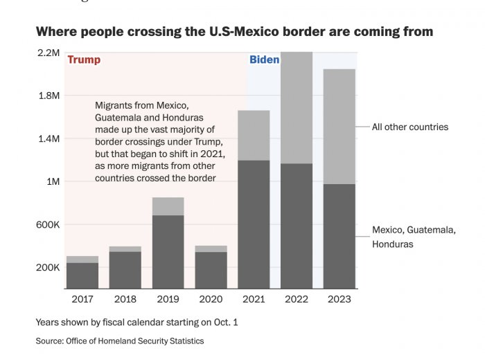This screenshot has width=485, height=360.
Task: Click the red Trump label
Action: [84, 60]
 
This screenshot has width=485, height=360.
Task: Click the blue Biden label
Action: [264, 60]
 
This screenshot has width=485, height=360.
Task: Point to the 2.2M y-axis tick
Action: [48, 53]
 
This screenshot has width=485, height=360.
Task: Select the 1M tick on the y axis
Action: [52, 181]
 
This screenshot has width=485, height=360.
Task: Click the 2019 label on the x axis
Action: [168, 299]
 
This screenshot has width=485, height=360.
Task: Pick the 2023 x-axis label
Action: [339, 299]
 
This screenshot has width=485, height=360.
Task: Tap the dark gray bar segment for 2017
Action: [82, 276]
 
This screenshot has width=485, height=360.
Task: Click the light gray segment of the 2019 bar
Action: [168, 206]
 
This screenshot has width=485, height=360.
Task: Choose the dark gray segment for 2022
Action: [297, 226]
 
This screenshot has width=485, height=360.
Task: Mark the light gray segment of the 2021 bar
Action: [254, 135]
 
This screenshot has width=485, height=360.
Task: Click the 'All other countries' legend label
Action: [409, 127]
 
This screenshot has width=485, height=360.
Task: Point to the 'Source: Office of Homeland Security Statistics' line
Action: [120, 341]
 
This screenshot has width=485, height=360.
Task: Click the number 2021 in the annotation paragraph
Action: [213, 154]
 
